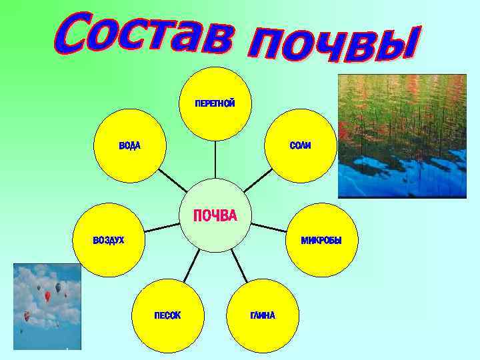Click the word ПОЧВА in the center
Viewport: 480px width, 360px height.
tap(215, 215)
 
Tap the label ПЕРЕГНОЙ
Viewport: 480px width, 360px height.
tap(215, 103)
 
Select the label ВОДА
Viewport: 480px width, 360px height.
tap(129, 145)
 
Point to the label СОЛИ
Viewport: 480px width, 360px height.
tap(300, 145)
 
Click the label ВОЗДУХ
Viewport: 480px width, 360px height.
tap(108, 240)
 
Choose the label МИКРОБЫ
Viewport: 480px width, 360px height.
tap(321, 240)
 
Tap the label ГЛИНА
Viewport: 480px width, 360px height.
tap(262, 315)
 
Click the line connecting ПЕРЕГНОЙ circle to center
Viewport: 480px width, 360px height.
tap(215, 160)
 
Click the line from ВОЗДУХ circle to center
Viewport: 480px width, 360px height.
tap(163, 227)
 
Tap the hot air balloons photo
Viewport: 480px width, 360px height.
tap(47, 306)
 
